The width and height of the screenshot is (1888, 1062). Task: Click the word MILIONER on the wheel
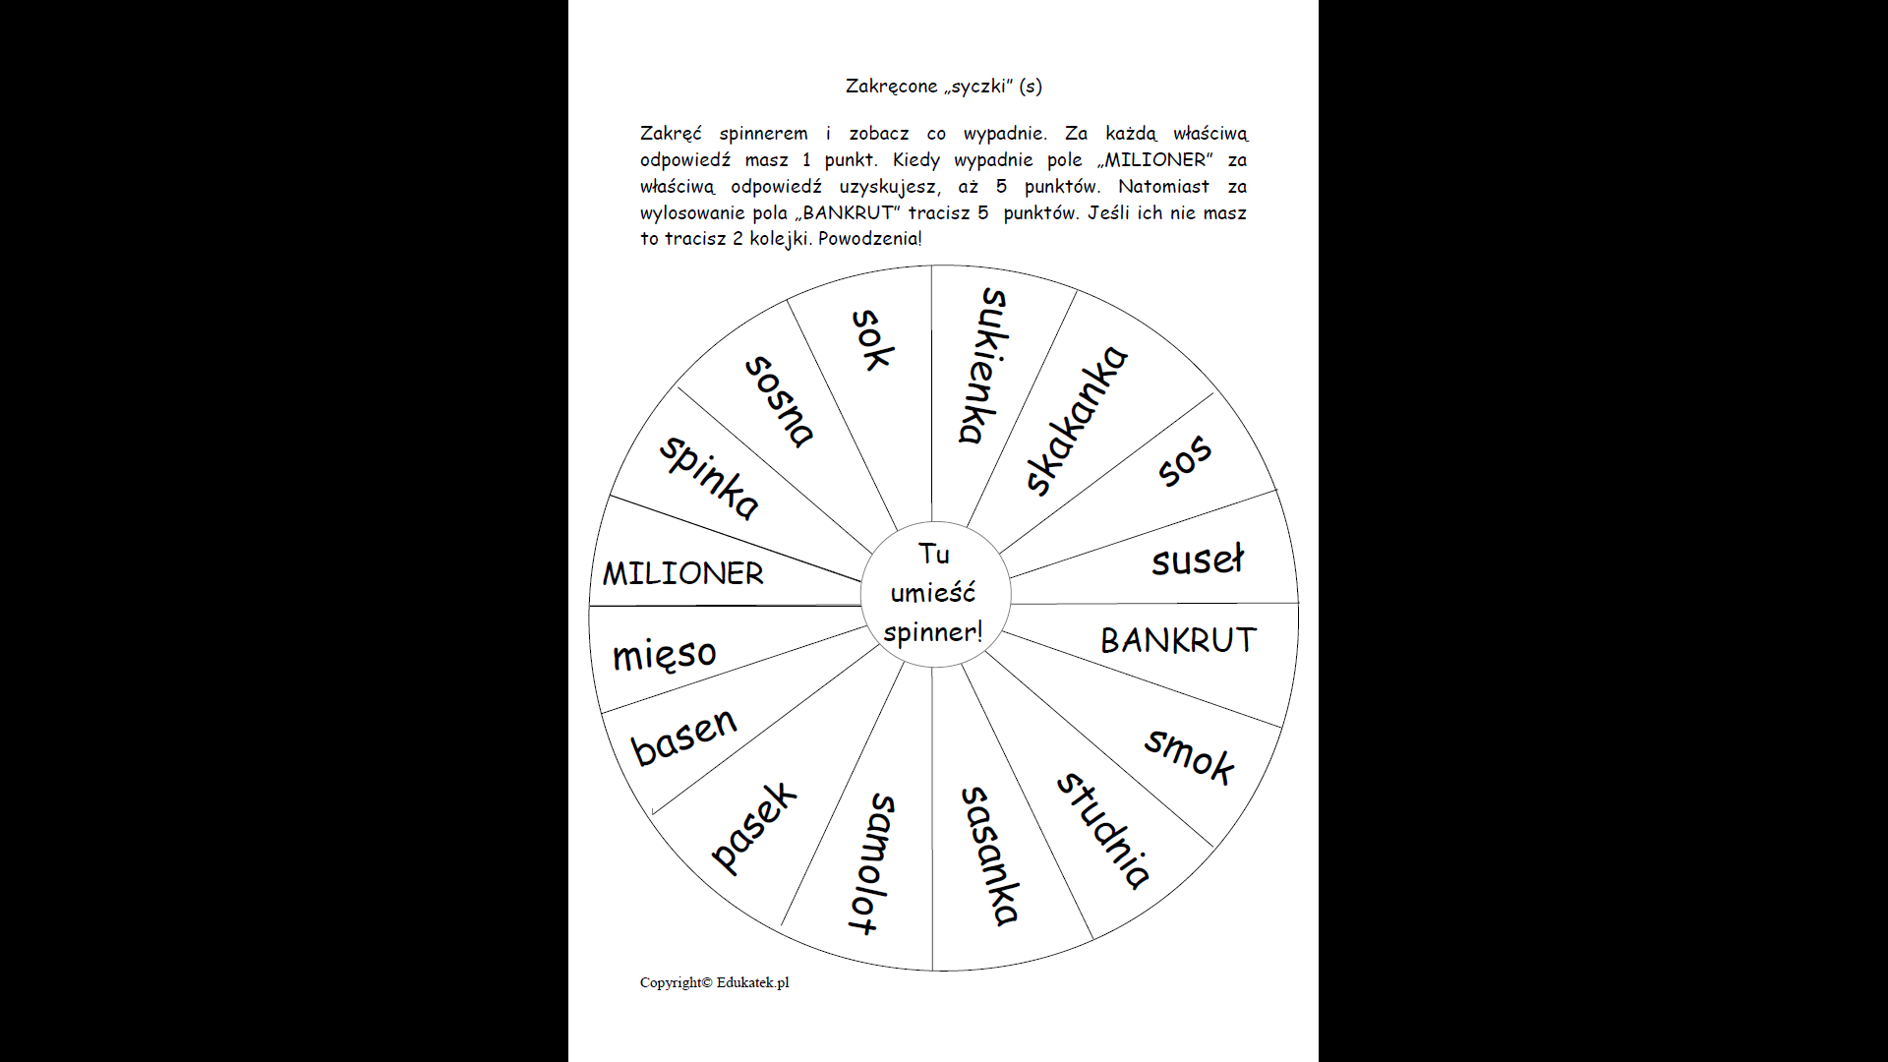coord(682,573)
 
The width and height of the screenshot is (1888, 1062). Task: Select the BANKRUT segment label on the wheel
coord(1178,640)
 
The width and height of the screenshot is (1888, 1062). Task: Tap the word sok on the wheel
coord(872,340)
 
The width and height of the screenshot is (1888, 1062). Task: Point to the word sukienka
coord(983,366)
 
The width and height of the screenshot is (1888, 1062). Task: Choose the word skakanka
coord(1076,420)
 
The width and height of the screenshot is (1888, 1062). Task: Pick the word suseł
coord(1198,560)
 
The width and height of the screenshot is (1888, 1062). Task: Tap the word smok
coord(1190,755)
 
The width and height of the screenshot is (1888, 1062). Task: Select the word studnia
coord(1103,831)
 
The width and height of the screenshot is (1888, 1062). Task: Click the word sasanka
coord(989,855)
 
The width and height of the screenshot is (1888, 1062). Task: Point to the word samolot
coord(871,863)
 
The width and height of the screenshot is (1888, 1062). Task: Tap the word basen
coord(683,737)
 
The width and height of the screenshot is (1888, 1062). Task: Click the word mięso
coord(665,654)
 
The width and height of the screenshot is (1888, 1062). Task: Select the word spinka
coord(709,477)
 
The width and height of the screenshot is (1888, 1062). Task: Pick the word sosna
coord(780,401)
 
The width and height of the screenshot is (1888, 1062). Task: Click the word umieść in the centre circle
coord(933,593)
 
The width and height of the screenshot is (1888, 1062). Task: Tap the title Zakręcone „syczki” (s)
coord(943,87)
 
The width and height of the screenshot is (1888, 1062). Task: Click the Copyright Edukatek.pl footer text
coord(714,982)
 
